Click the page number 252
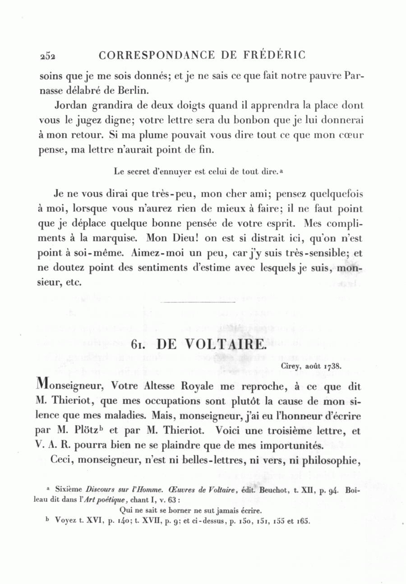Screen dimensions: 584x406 pos(47,56)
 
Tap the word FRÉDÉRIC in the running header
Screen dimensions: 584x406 pos(276,55)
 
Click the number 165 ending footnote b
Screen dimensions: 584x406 pos(303,521)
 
